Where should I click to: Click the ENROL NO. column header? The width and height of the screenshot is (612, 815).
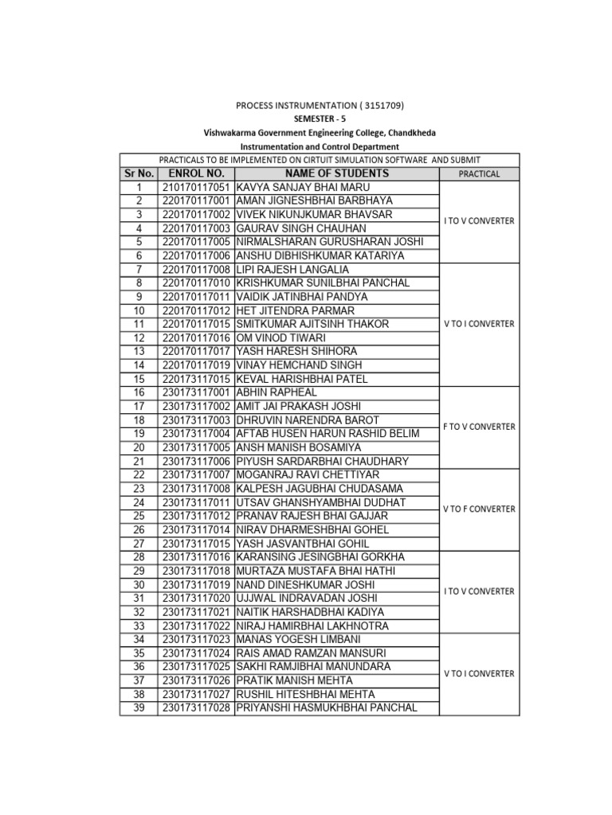click(196, 173)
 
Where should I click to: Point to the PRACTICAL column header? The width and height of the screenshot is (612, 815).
click(480, 174)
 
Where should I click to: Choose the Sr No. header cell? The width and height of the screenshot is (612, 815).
click(139, 173)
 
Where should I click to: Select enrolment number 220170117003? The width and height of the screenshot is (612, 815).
click(196, 228)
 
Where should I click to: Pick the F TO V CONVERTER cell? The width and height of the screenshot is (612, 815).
click(480, 427)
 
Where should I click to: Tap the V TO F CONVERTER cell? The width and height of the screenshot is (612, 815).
click(480, 509)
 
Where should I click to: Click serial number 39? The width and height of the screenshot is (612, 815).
click(139, 708)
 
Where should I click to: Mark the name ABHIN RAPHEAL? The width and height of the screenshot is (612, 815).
click(277, 392)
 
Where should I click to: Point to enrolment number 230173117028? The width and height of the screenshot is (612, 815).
click(196, 708)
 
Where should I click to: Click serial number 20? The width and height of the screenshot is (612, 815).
click(139, 447)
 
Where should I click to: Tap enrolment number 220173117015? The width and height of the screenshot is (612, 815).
click(196, 379)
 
